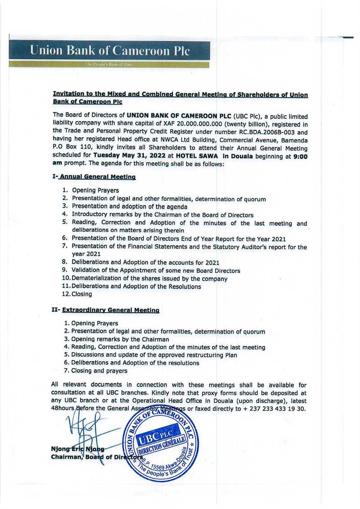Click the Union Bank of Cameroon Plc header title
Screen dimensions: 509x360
point(110,50)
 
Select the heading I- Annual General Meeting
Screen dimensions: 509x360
point(94,177)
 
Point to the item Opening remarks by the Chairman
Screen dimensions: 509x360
point(117,339)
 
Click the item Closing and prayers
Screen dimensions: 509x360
point(96,371)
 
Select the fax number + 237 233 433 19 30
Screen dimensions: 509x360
point(275,409)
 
